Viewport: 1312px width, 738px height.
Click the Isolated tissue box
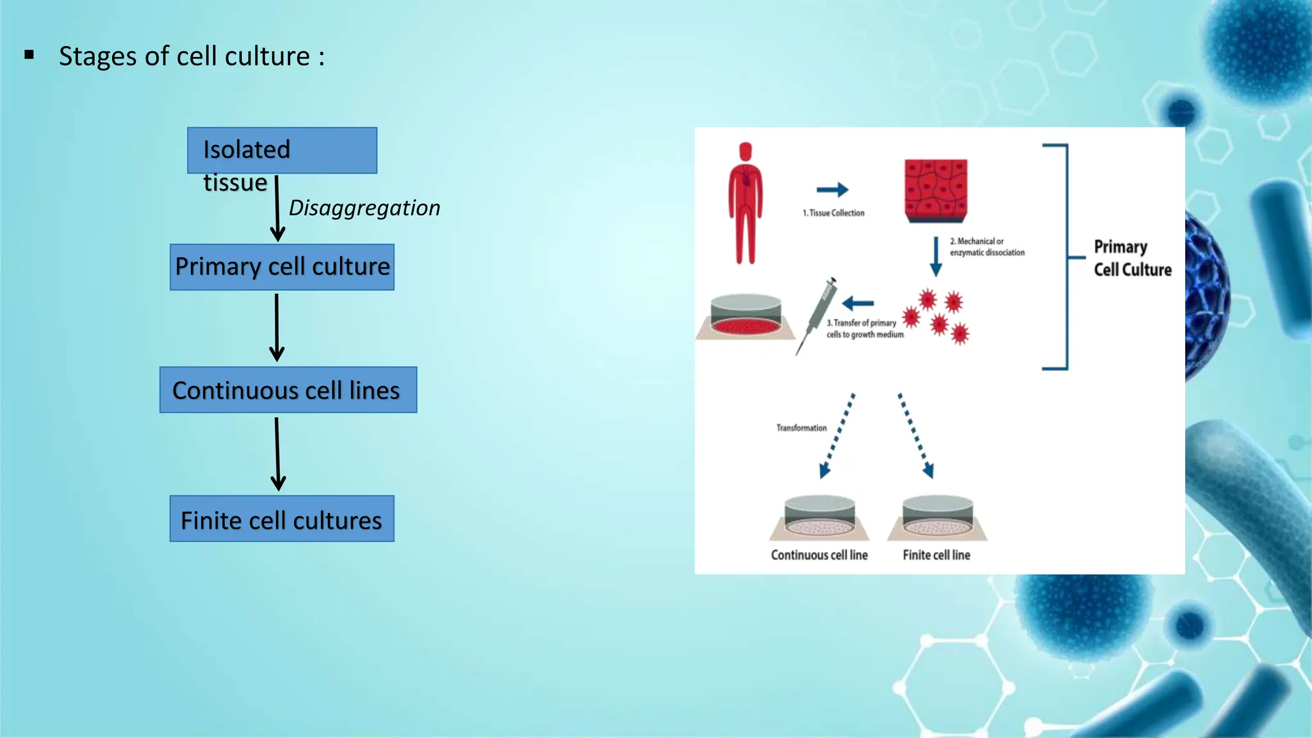[282, 151]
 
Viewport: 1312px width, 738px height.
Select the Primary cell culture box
[282, 267]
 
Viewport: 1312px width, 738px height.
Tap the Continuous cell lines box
[288, 390]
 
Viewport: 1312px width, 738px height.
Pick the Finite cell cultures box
[282, 519]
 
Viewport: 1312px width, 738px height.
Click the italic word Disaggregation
[365, 208]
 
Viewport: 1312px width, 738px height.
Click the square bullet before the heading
[29, 56]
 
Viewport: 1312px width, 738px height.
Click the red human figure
[745, 203]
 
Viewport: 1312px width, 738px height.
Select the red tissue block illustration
[936, 190]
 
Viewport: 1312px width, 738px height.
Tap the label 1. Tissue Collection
[833, 213]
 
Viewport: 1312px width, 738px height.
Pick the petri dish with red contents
[746, 316]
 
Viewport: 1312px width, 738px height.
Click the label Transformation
[801, 428]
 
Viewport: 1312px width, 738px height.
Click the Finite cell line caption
[936, 555]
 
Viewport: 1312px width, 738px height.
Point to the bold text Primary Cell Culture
[1132, 258]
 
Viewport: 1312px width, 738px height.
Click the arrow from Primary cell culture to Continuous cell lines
[277, 327]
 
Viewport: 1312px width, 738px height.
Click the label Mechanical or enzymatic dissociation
[987, 247]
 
